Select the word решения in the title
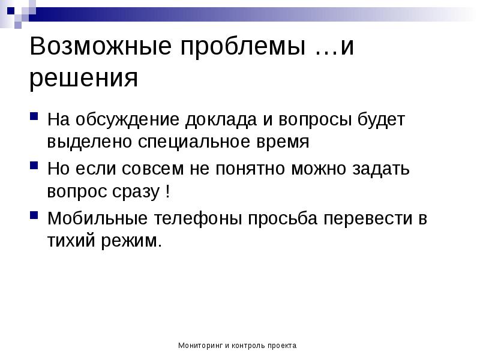(84, 78)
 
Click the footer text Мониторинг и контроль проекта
(238, 346)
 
